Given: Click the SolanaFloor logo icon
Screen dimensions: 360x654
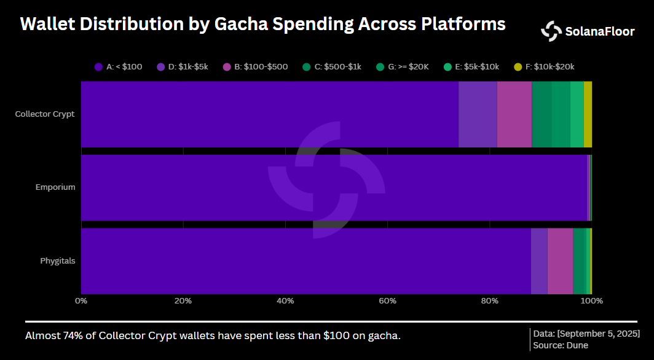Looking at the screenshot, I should coord(551,31).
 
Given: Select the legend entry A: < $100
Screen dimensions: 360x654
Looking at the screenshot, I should coord(119,66).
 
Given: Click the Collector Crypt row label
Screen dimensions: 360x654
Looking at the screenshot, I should coord(45,114).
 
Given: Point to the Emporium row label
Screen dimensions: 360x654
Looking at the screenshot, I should coord(55,187).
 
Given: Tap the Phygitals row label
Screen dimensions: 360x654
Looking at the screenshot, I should coord(58,260).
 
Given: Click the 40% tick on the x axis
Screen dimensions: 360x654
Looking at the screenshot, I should coord(285,301).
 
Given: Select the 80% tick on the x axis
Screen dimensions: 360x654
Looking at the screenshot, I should coord(489,301).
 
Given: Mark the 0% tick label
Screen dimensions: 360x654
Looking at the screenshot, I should coord(81,301).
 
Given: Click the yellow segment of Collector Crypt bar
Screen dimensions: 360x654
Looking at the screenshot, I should coord(588,114).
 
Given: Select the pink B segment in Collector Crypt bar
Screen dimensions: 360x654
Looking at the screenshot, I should coord(514,114).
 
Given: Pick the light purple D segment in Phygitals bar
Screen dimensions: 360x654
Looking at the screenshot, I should coord(539,261).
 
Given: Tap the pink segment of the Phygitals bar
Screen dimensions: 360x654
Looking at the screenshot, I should coord(560,261).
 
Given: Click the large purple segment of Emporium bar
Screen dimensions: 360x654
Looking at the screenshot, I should coord(332,187).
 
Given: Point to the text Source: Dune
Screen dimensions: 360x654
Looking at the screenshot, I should coord(561,345).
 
